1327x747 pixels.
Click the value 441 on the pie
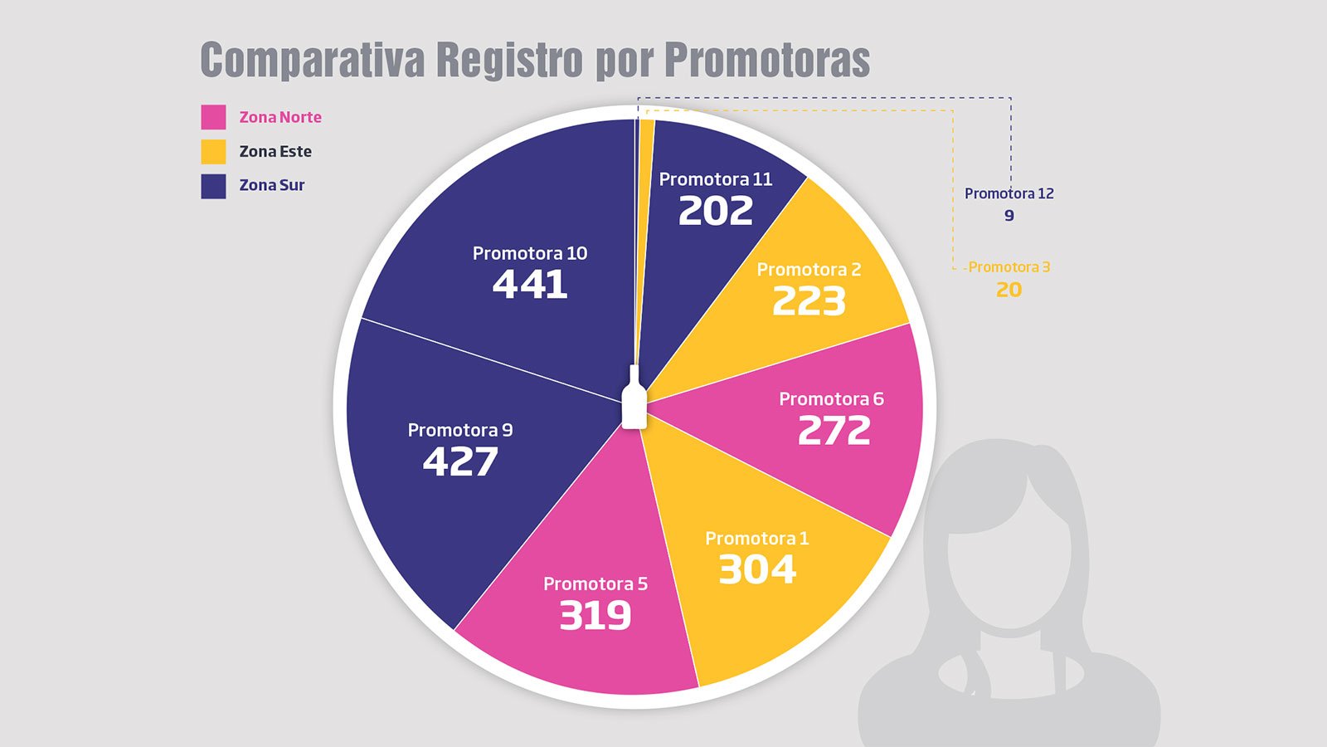(x=530, y=285)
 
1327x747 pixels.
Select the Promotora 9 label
(x=459, y=430)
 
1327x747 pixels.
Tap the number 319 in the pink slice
(x=595, y=615)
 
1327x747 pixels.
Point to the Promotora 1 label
(x=756, y=539)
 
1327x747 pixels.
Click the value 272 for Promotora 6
(x=834, y=431)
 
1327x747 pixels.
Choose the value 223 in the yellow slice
(x=809, y=301)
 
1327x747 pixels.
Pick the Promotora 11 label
(x=715, y=179)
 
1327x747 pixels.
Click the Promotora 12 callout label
(x=1009, y=193)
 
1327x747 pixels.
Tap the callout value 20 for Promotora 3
(x=1009, y=290)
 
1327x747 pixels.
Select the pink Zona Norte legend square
(x=213, y=117)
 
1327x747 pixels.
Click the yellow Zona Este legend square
(x=213, y=152)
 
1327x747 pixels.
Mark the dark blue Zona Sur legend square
(x=213, y=186)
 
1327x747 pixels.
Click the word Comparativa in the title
(x=312, y=60)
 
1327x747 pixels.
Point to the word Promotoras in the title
(x=767, y=60)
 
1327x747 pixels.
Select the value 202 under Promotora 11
(x=715, y=211)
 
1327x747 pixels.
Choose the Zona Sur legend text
(x=272, y=186)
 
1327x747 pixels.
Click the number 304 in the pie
(x=756, y=570)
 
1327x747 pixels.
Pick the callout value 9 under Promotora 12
(x=1009, y=216)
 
